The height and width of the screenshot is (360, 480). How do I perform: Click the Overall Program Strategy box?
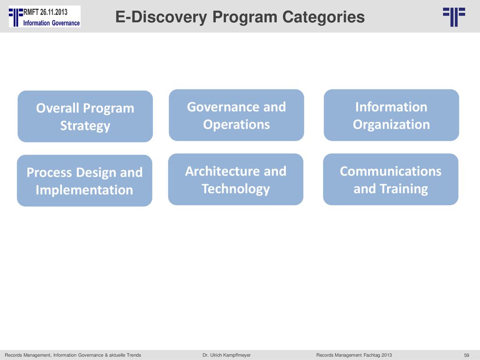(85, 116)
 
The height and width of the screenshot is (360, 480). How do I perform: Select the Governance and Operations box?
(236, 115)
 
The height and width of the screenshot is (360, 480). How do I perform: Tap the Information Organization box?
(391, 115)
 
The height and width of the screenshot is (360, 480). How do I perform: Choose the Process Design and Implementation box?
(84, 180)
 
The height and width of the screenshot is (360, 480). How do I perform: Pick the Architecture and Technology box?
(236, 180)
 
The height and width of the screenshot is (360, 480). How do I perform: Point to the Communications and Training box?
(390, 180)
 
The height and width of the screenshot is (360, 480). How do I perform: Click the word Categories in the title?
(323, 17)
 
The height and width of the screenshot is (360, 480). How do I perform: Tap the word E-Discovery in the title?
(161, 17)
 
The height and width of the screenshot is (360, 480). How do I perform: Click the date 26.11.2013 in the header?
(53, 12)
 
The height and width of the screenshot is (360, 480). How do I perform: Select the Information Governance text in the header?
(52, 23)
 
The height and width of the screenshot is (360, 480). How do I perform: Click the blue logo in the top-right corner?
(454, 17)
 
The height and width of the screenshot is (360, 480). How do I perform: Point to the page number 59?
(466, 355)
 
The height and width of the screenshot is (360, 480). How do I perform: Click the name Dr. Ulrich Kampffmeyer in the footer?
(226, 355)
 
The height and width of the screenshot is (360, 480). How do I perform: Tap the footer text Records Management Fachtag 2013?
(354, 355)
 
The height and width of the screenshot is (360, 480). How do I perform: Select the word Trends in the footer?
(134, 355)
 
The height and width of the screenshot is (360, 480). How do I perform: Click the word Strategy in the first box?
(85, 126)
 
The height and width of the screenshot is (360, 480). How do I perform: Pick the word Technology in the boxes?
(236, 189)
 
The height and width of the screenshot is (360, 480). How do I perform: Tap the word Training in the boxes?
(404, 189)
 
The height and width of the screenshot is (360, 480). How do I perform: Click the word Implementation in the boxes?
(84, 190)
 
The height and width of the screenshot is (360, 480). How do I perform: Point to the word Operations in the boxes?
(236, 125)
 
